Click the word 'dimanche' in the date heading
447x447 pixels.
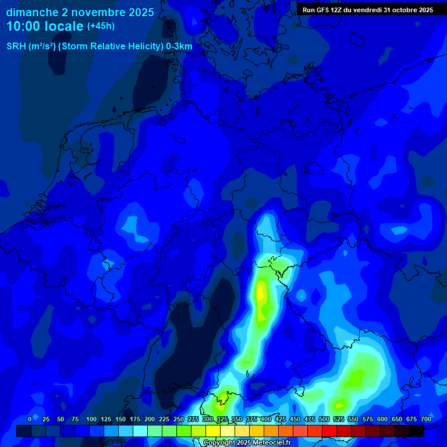[x=32, y=12]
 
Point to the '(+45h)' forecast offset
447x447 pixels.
[x=101, y=26]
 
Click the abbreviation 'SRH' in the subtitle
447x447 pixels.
[x=16, y=47]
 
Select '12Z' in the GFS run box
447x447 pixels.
[x=336, y=10]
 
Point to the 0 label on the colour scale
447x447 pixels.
[x=30, y=419]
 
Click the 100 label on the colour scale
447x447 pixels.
[x=91, y=419]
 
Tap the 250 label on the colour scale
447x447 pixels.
[x=179, y=419]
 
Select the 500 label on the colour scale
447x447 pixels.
[x=324, y=419]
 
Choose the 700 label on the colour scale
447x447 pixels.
[x=425, y=419]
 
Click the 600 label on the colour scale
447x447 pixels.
[x=382, y=419]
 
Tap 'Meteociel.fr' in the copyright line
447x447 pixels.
[x=272, y=443]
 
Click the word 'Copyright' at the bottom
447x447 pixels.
[x=219, y=443]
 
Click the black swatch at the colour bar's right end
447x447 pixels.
[x=417, y=431]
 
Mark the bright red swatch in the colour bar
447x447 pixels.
[x=329, y=431]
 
